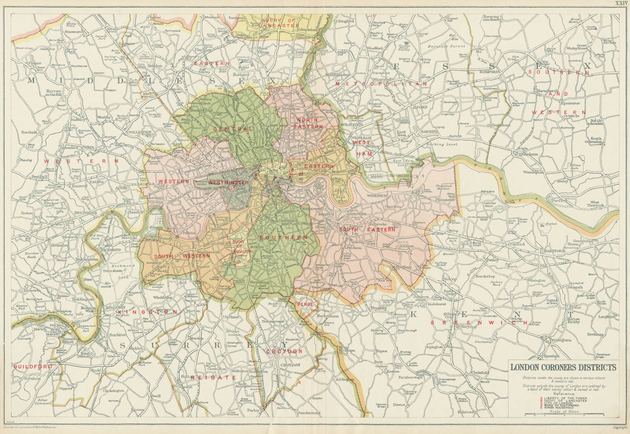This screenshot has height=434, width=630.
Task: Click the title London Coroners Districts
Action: [563, 367]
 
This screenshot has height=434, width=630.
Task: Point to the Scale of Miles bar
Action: [564, 414]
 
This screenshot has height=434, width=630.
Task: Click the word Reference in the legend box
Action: [563, 393]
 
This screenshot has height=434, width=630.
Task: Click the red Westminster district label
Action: [228, 183]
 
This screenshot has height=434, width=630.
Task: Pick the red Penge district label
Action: [305, 304]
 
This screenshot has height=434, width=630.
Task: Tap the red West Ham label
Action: [361, 148]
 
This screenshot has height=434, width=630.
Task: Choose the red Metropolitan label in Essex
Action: [381, 84]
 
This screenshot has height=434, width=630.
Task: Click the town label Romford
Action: [489, 72]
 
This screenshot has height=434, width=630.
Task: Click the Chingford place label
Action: [345, 21]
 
